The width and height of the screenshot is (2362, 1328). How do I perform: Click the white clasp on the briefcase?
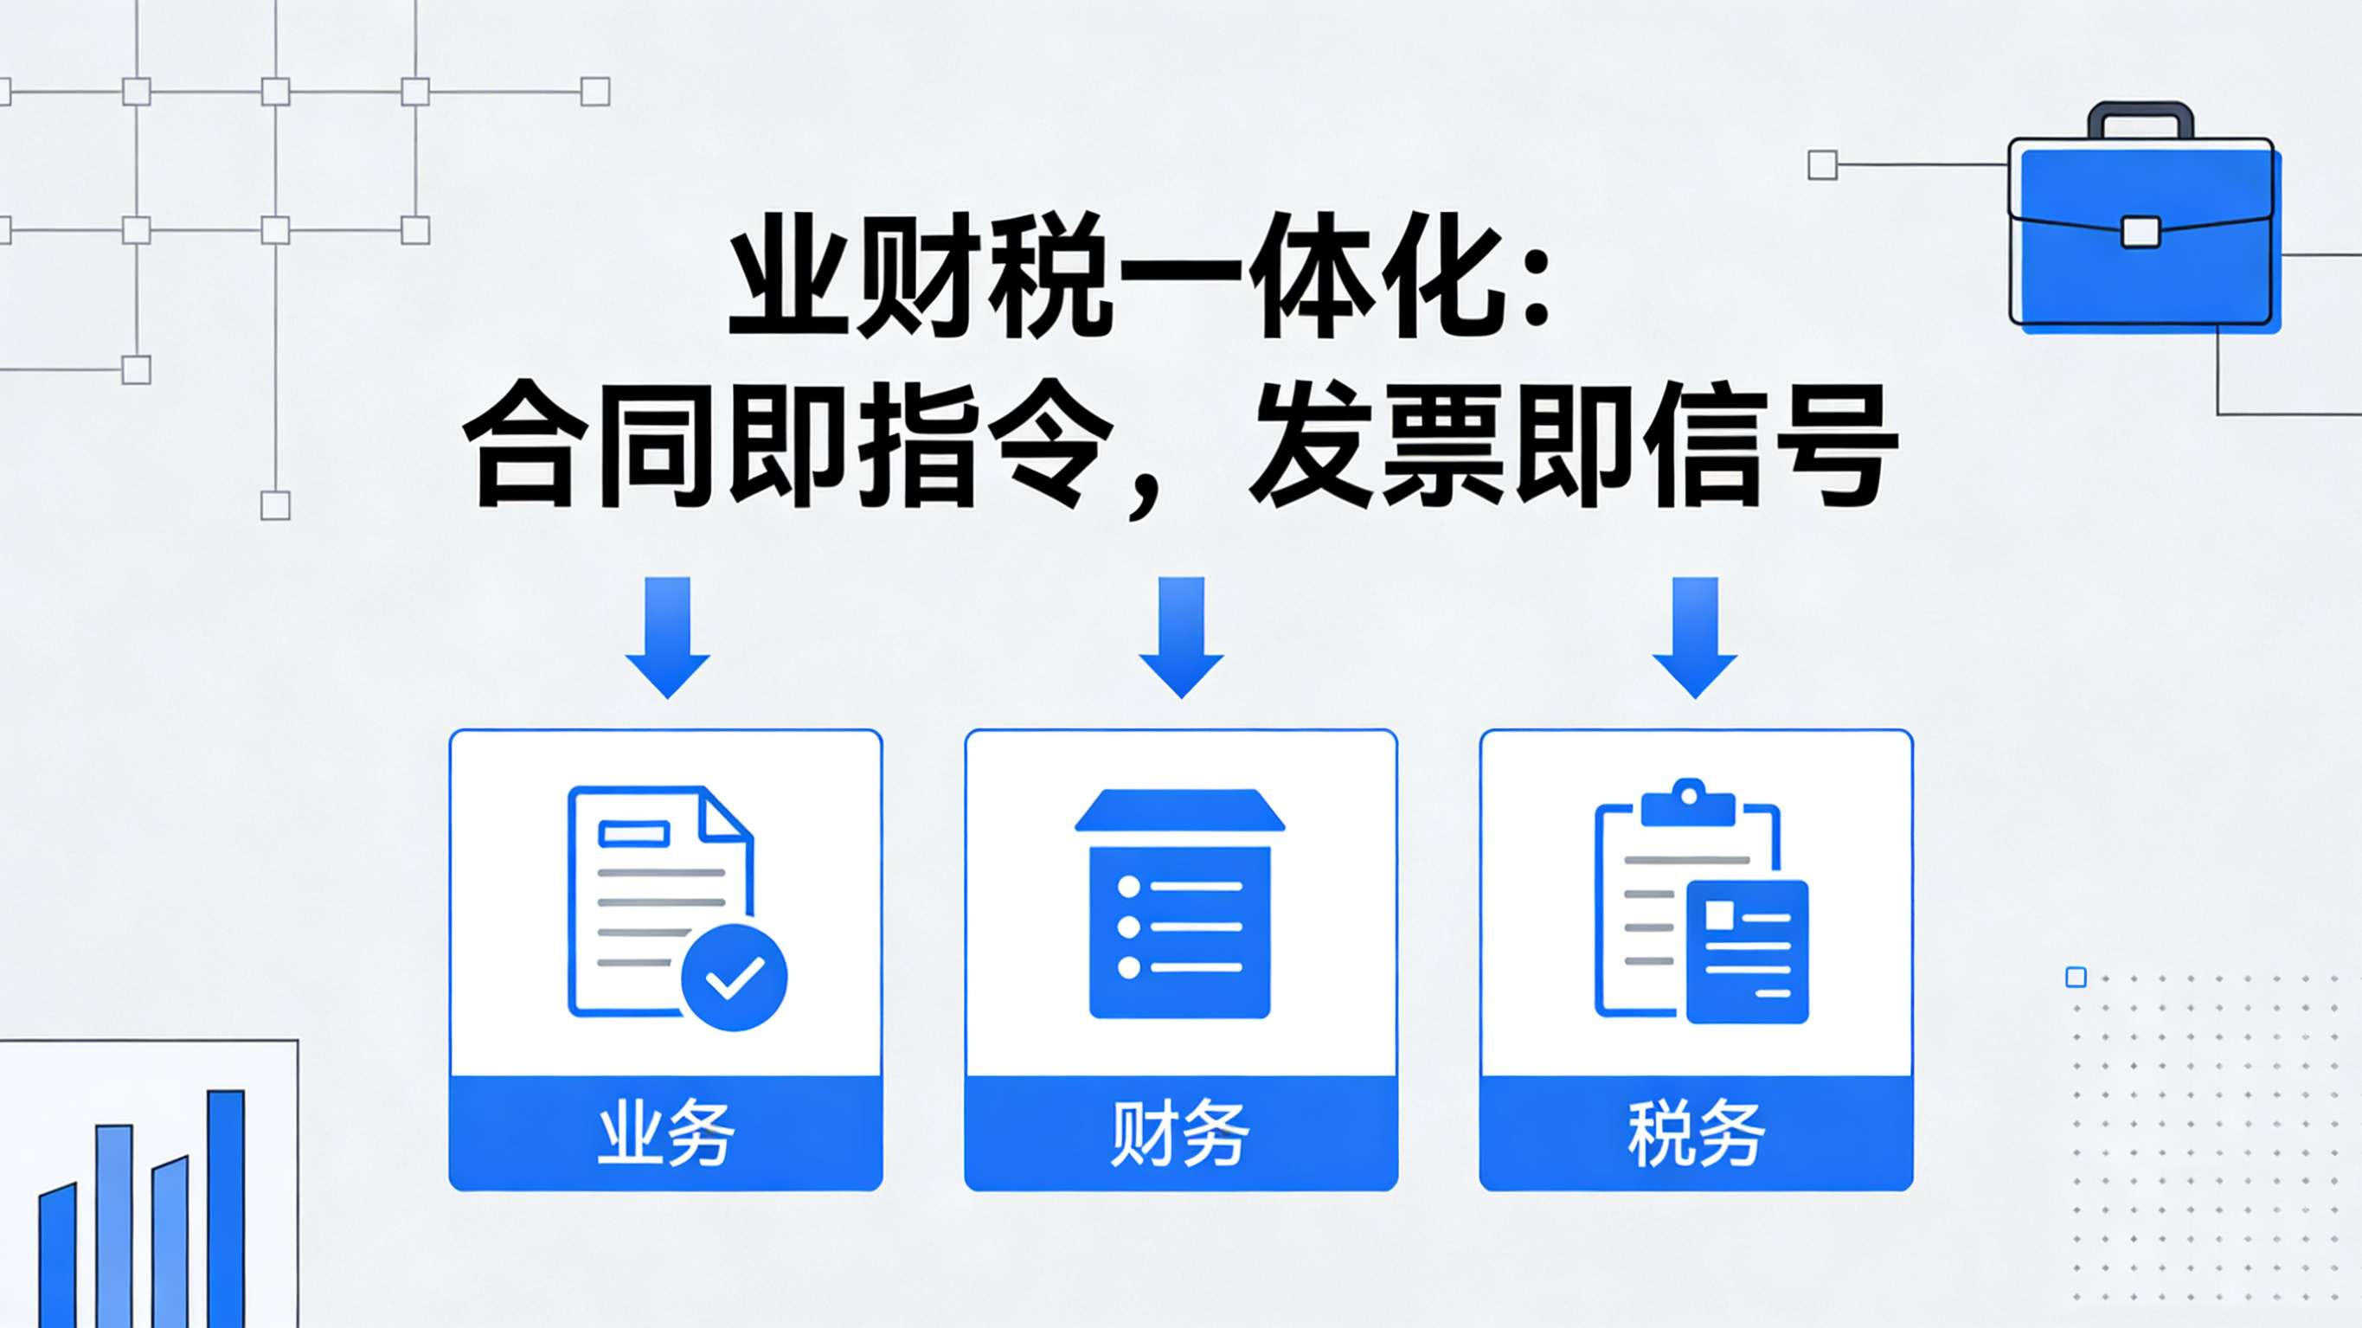[2141, 232]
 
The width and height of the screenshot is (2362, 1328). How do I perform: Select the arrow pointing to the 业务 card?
[668, 638]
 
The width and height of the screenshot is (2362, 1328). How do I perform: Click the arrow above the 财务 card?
[1181, 638]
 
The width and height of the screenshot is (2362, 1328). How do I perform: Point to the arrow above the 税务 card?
[1694, 638]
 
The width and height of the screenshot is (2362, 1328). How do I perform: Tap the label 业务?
[665, 1133]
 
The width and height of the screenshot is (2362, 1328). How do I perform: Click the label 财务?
[1181, 1133]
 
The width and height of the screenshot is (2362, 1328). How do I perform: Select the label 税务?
[1697, 1133]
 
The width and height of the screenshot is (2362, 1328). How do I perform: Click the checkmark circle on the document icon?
[734, 978]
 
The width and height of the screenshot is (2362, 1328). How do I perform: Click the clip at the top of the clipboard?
[1687, 803]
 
